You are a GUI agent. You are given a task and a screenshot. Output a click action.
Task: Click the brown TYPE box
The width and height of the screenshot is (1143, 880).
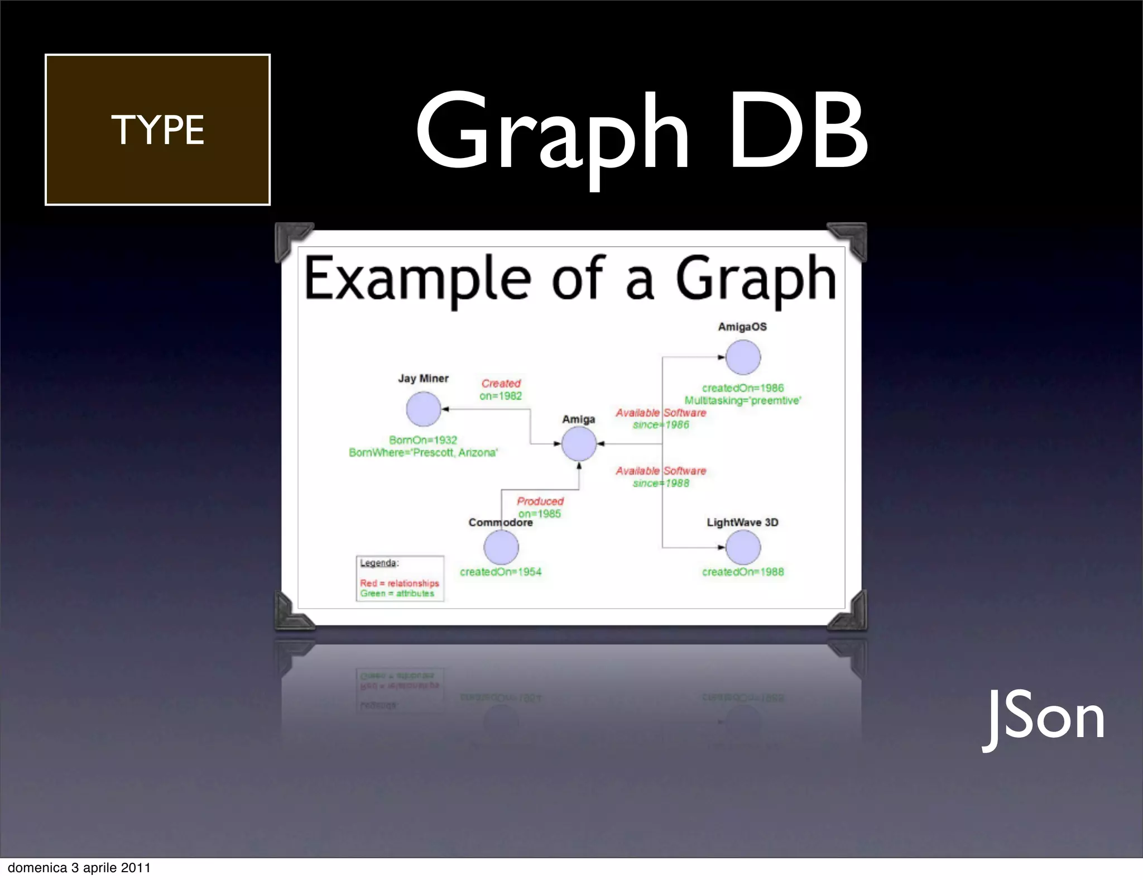(157, 130)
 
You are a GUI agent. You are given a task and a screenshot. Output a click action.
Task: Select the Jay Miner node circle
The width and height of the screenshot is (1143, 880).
(424, 409)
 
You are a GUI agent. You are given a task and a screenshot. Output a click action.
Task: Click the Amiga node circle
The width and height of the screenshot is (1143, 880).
(579, 444)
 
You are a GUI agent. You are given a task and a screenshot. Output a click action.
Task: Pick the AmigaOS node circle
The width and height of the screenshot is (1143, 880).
(743, 357)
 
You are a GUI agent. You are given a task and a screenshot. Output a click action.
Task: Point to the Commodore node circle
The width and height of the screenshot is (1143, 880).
(501, 547)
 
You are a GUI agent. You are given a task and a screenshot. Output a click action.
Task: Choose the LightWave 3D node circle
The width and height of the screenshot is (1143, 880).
(743, 547)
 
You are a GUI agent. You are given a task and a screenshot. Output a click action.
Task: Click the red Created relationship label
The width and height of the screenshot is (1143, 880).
(501, 384)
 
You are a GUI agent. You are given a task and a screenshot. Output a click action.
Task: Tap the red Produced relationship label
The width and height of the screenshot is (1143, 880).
(540, 501)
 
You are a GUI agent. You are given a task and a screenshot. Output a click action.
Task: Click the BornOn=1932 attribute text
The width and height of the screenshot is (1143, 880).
(423, 440)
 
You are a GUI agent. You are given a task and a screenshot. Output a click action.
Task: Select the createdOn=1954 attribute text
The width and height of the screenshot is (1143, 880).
(501, 572)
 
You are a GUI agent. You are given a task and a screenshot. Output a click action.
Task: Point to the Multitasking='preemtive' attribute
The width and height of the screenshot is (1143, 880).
(743, 400)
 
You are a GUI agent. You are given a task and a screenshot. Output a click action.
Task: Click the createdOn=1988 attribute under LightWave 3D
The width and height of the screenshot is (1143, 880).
(743, 572)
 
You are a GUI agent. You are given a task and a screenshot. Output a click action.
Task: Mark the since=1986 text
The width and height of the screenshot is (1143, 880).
(661, 425)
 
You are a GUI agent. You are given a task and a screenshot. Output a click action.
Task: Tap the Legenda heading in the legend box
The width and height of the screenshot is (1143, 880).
(378, 563)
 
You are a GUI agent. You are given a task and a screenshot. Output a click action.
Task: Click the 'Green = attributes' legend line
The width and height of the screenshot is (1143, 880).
(397, 594)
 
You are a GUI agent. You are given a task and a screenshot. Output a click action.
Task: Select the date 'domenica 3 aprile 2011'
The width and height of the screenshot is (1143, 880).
(79, 868)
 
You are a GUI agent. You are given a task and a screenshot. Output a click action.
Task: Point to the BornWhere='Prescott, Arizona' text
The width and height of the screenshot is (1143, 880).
(423, 452)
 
